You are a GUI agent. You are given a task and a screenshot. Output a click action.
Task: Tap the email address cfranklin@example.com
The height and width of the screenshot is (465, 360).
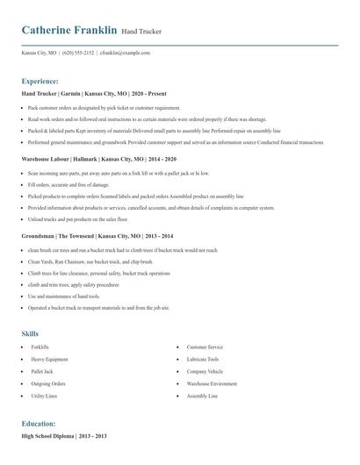click(x=126, y=53)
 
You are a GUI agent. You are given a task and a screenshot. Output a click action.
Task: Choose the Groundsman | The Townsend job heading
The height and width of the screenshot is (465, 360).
click(x=82, y=236)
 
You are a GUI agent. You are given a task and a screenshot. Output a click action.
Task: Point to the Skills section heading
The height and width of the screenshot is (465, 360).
click(x=30, y=334)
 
